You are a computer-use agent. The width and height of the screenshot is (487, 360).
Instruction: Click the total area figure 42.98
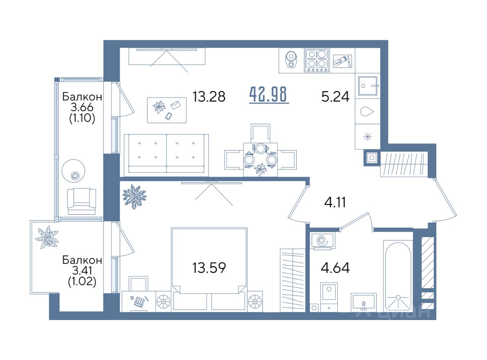[x=269, y=94]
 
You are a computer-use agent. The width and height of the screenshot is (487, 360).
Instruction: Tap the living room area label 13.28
[x=209, y=97]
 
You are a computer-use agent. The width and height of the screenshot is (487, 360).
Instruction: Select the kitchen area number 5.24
[x=335, y=97]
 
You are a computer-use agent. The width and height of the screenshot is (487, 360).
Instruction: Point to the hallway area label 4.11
[x=335, y=202]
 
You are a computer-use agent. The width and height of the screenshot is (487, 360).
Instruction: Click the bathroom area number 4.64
[x=335, y=268]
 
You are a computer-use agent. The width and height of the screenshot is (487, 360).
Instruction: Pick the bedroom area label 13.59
[x=209, y=268]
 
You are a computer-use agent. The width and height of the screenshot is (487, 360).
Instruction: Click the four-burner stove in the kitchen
[x=317, y=61]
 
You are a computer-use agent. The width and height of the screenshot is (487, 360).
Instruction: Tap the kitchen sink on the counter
[x=368, y=86]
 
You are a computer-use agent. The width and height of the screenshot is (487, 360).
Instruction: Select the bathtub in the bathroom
[x=398, y=276]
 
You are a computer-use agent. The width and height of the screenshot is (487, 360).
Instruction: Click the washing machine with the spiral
[x=322, y=241]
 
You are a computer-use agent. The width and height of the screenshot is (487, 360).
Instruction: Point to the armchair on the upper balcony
[x=81, y=201]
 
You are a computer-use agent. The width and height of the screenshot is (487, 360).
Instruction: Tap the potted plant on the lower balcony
[x=47, y=237]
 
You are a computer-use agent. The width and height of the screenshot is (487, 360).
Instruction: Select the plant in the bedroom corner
[x=134, y=197]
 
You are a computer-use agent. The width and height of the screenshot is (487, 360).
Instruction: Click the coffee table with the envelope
[x=167, y=110]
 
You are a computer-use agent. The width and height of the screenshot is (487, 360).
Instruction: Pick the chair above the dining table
[x=260, y=133]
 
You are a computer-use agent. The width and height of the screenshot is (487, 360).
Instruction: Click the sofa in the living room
[x=166, y=155]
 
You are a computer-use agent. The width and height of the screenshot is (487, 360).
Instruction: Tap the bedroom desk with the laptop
[x=139, y=301]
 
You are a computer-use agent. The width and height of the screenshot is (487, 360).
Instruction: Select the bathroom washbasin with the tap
[x=363, y=303]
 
